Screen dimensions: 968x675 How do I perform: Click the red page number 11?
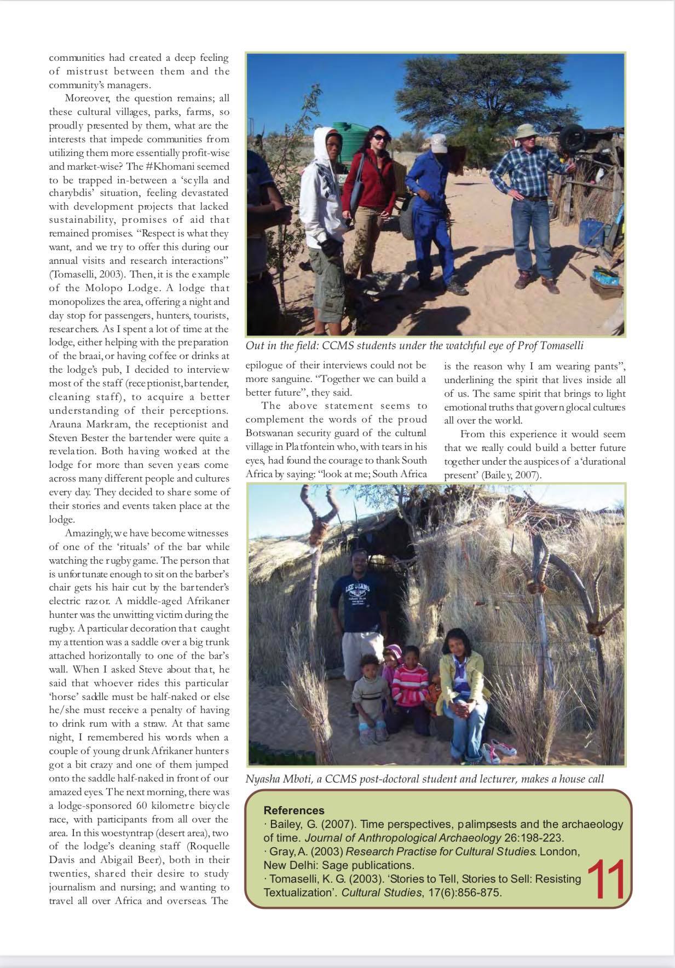pyautogui.click(x=606, y=880)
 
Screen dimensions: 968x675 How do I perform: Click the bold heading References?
pyautogui.click(x=293, y=810)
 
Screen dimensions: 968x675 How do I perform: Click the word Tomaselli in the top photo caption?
pyautogui.click(x=561, y=345)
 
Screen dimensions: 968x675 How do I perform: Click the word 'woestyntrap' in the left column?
pyautogui.click(x=108, y=833)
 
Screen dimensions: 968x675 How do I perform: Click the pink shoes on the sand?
pyautogui.click(x=500, y=746)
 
